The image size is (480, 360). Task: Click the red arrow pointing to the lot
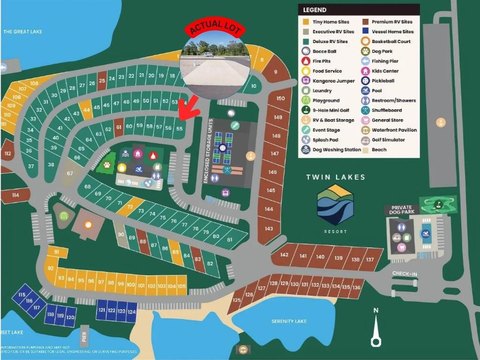point(184,106)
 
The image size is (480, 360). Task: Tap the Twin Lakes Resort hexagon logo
point(333,204)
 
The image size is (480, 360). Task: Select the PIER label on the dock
point(84,340)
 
